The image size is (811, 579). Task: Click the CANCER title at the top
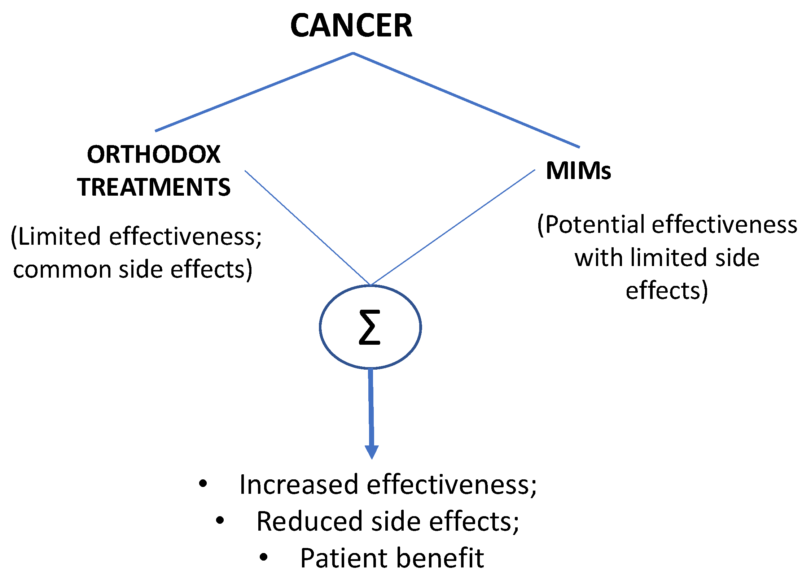click(x=351, y=25)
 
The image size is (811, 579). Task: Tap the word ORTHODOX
click(x=154, y=154)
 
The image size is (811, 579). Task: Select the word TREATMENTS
click(x=154, y=187)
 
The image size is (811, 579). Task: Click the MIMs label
click(x=578, y=170)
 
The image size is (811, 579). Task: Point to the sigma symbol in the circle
click(x=370, y=327)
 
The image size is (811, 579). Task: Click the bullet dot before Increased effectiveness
click(x=203, y=483)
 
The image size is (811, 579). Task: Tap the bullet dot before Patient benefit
click(x=264, y=557)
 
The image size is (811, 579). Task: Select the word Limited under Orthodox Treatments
click(x=60, y=237)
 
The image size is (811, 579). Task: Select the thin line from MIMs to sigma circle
click(x=453, y=227)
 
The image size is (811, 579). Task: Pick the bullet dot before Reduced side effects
click(x=220, y=520)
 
